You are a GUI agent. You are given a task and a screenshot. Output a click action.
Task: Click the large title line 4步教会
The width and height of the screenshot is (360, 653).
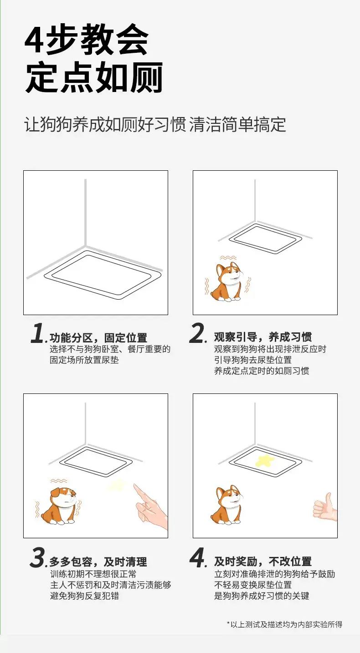point(87,40)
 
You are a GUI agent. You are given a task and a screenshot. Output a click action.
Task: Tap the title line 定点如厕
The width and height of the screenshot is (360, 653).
point(94,77)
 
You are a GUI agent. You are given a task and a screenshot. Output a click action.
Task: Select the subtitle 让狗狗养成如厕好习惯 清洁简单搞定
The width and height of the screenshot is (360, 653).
point(155,124)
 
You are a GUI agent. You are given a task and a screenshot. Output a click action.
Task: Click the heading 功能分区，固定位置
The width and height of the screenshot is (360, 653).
point(98,337)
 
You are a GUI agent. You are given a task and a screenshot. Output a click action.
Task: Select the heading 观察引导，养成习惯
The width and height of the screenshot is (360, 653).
point(263,337)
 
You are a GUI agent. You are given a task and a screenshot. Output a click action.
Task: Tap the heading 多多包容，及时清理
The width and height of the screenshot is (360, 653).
point(98,561)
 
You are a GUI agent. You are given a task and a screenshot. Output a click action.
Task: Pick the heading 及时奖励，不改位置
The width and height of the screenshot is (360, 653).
point(263,561)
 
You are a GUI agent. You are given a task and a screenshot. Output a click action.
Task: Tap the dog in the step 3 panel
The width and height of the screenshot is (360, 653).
point(59,506)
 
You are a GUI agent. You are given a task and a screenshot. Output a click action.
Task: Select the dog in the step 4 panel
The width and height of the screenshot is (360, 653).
point(227,505)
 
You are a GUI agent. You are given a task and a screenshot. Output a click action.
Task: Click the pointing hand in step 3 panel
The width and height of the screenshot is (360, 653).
point(150,505)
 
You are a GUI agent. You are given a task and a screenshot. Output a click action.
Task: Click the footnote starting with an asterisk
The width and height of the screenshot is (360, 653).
point(284,624)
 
